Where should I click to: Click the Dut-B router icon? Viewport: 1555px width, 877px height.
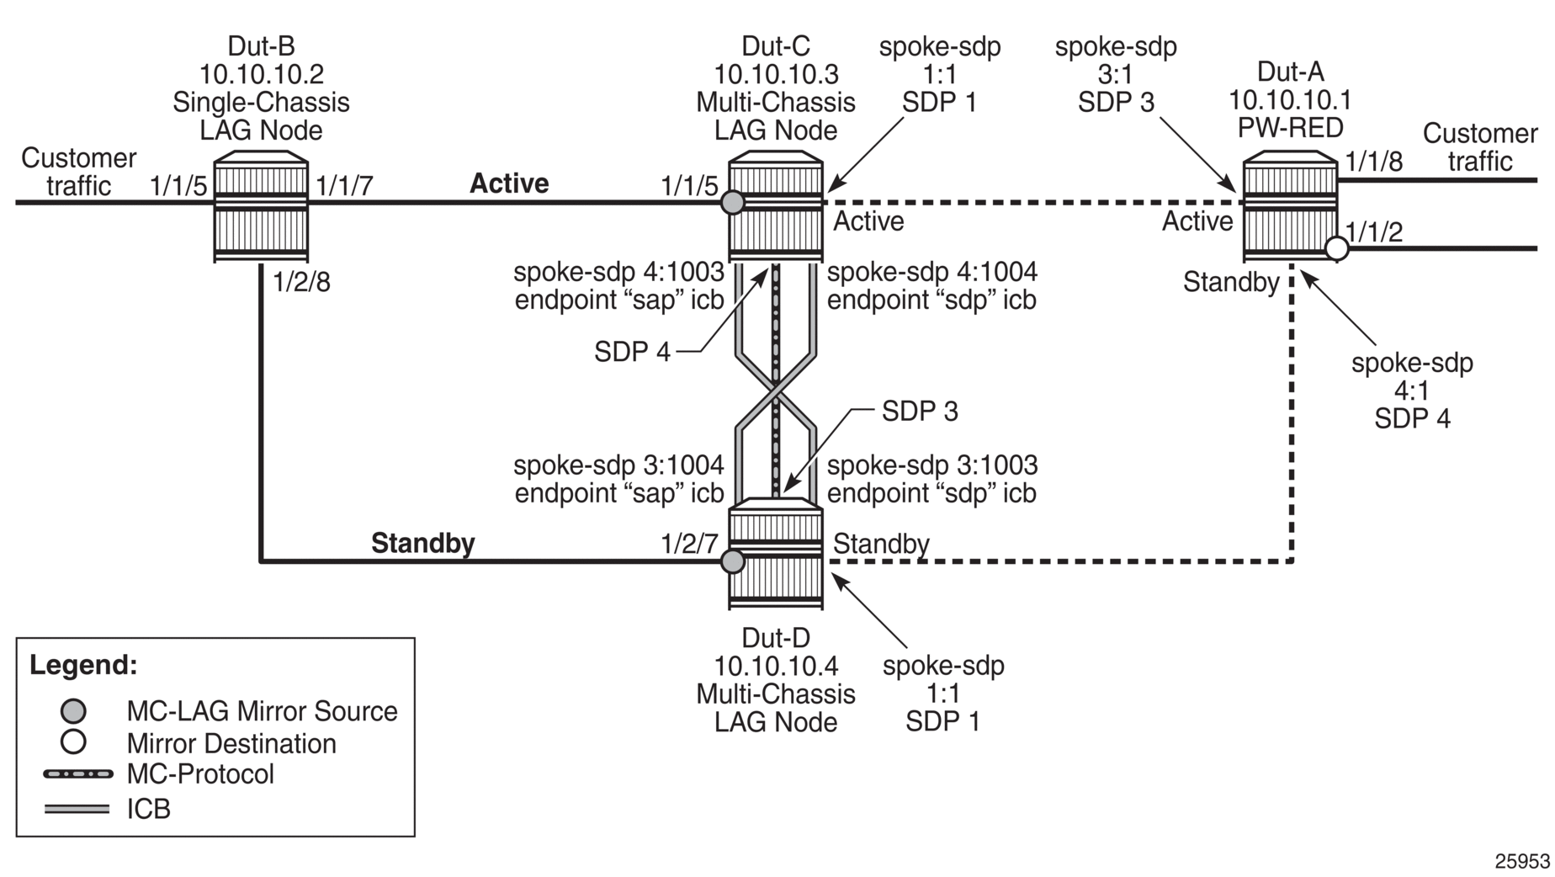[261, 206]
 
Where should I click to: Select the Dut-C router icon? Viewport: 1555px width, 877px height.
[776, 206]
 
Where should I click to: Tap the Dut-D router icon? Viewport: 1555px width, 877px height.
[776, 553]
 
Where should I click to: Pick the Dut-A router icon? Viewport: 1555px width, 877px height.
[1291, 206]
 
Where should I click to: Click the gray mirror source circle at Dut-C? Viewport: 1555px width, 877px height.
[733, 202]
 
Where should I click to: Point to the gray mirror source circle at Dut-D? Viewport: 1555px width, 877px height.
[733, 561]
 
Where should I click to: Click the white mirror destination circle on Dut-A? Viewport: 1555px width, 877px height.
[1337, 248]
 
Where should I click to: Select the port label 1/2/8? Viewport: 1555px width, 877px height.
[302, 283]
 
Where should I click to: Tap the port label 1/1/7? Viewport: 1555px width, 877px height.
[344, 186]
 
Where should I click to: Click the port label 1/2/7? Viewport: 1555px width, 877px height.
[690, 544]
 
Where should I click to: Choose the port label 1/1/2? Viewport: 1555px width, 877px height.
[1374, 231]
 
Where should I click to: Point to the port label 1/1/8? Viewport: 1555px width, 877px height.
[1374, 161]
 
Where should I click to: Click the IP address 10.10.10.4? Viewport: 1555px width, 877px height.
[776, 666]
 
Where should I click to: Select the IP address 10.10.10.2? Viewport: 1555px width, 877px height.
[261, 74]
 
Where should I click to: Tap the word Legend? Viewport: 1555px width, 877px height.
[83, 665]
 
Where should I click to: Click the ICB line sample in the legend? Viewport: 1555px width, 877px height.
[77, 810]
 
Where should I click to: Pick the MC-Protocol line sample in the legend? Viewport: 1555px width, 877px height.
[77, 773]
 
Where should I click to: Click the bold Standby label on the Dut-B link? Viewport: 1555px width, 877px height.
[422, 544]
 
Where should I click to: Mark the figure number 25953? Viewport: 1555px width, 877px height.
[1522, 861]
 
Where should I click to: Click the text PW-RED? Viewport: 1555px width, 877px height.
[1291, 128]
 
